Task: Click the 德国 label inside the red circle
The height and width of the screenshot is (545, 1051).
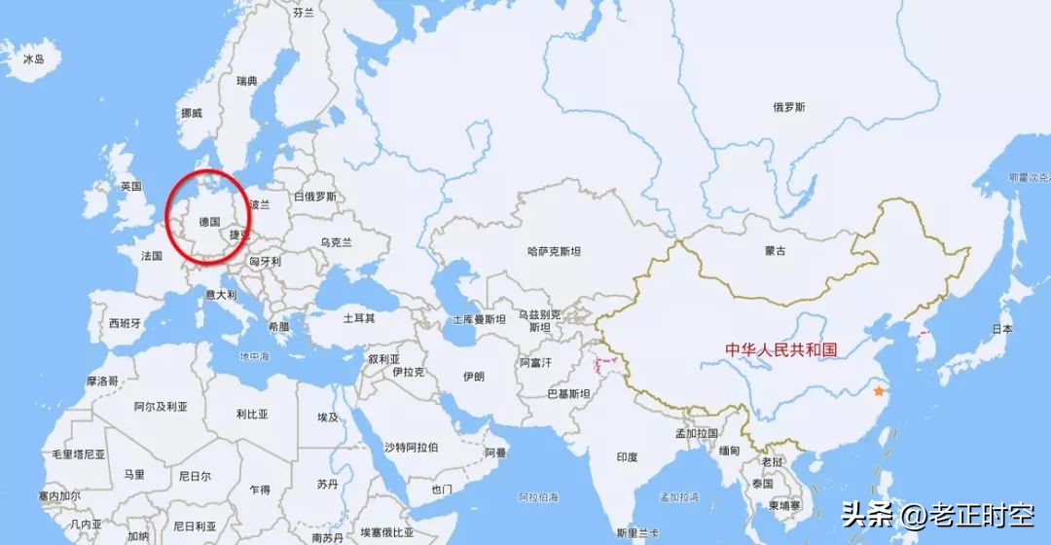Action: (x=209, y=222)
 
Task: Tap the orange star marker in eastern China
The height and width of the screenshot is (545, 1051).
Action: (x=879, y=391)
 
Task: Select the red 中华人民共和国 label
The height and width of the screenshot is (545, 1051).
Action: (x=781, y=349)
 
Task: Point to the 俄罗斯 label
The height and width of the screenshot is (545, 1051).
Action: (x=789, y=107)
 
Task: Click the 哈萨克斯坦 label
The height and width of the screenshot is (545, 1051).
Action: (x=554, y=251)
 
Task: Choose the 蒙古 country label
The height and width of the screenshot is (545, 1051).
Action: (x=776, y=250)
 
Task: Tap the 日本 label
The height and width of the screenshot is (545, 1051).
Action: (x=1001, y=330)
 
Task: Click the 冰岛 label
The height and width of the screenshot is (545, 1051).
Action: (x=34, y=59)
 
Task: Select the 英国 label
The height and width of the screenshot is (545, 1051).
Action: (x=131, y=186)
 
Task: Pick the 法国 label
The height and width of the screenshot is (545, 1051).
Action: (x=152, y=256)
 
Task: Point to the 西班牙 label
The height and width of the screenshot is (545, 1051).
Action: (x=126, y=323)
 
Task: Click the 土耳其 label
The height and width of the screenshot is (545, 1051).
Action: (x=358, y=318)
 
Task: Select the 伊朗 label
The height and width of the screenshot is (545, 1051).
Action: (x=473, y=376)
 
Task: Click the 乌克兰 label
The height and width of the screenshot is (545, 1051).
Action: (x=336, y=242)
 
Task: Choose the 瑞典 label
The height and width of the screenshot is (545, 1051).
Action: (x=247, y=81)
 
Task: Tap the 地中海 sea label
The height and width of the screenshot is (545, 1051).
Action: (x=254, y=357)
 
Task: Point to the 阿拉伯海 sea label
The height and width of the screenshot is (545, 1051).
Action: (x=537, y=497)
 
